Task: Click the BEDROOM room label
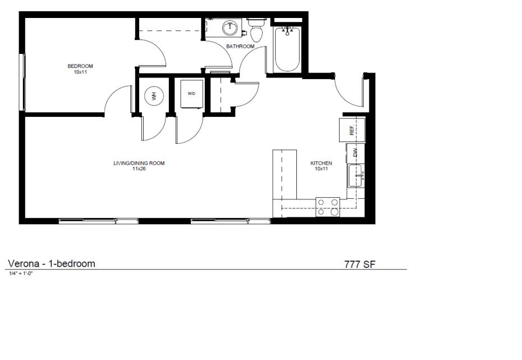[80, 66]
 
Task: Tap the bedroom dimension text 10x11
[80, 72]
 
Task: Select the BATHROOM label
[240, 46]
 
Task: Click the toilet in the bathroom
[257, 31]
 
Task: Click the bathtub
[287, 49]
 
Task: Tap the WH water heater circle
[154, 95]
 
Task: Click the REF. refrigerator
[352, 130]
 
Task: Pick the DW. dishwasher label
[355, 153]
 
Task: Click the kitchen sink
[355, 176]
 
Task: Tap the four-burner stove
[328, 207]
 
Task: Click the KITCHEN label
[321, 163]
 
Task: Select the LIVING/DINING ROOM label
[139, 163]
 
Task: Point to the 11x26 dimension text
[139, 169]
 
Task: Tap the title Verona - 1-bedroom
[51, 263]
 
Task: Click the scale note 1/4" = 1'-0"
[21, 274]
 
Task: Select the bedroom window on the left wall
[22, 82]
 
